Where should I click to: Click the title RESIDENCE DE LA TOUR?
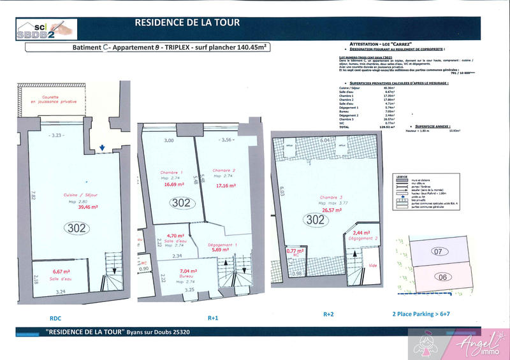coord(187,23)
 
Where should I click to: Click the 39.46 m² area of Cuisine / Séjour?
coord(72,207)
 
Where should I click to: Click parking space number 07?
coord(438,252)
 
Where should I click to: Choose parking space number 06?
coord(444,277)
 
